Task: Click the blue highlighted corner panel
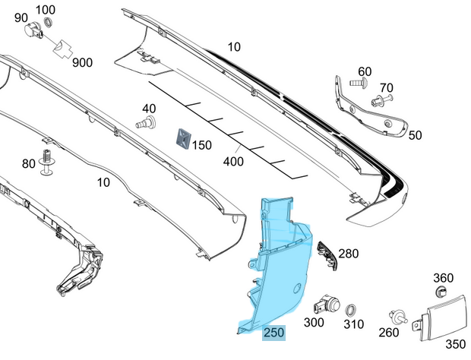coord(277,266)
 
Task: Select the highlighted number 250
coord(274,333)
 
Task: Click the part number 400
coord(233,161)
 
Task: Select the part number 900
coord(83,62)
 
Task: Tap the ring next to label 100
coord(47,22)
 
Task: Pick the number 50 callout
coord(415,135)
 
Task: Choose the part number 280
coord(349,254)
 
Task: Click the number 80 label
coord(28,163)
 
